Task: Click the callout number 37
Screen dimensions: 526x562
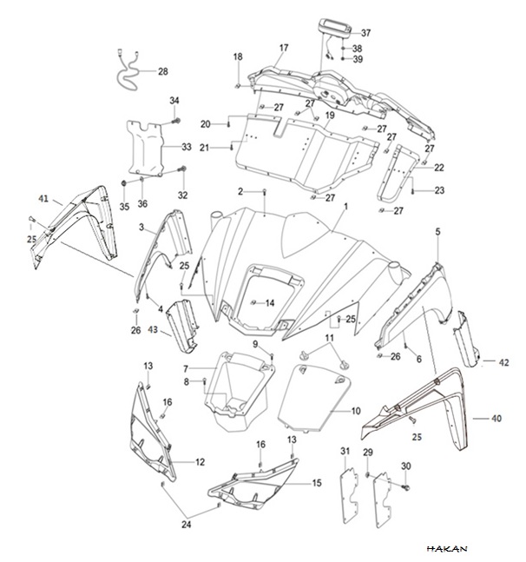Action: click(365, 33)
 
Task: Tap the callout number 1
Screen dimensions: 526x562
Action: click(345, 207)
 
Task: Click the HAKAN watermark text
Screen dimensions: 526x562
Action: click(447, 548)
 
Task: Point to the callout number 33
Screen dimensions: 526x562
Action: click(187, 147)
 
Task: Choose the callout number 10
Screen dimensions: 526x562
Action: click(356, 411)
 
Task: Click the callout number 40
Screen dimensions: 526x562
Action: click(496, 419)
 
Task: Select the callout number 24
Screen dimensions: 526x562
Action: click(187, 525)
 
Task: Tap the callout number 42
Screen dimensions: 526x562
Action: click(503, 362)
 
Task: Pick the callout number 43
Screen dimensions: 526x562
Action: click(153, 329)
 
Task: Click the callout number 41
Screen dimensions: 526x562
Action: click(43, 198)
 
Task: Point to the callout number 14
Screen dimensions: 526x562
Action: click(270, 303)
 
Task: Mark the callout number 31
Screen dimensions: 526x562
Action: click(345, 451)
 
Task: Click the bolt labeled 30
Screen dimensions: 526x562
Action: click(406, 487)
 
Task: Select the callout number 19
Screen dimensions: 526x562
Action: click(330, 116)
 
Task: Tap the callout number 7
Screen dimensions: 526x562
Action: click(186, 368)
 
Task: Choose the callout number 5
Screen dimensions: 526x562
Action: click(438, 232)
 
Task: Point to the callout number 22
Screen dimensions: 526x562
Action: click(439, 168)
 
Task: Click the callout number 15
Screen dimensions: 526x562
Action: click(317, 483)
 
